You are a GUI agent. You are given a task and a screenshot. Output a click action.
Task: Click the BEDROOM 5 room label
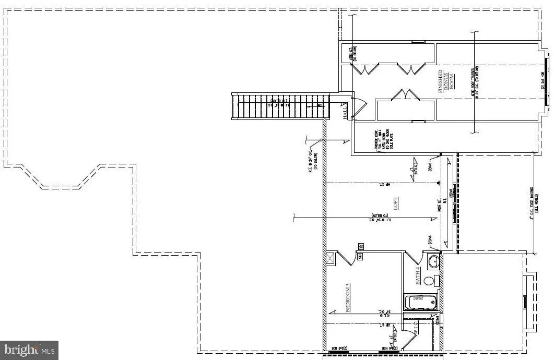coord(348,298)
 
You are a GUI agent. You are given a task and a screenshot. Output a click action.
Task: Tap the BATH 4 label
coord(418,275)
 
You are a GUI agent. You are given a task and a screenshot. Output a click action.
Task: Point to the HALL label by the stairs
coord(346,110)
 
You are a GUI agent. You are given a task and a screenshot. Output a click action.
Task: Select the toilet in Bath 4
coord(430,281)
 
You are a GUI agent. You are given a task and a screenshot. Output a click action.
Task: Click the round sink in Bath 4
coord(433,261)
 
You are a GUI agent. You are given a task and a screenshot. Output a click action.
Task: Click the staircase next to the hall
coord(282,106)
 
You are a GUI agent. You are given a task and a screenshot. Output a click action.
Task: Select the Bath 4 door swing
coord(415,258)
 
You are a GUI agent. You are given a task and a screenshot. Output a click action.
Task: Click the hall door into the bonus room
coord(360,109)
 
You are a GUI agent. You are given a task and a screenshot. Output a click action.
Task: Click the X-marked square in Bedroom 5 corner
coord(331,257)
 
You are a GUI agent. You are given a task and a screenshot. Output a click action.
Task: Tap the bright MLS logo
coord(29,350)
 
